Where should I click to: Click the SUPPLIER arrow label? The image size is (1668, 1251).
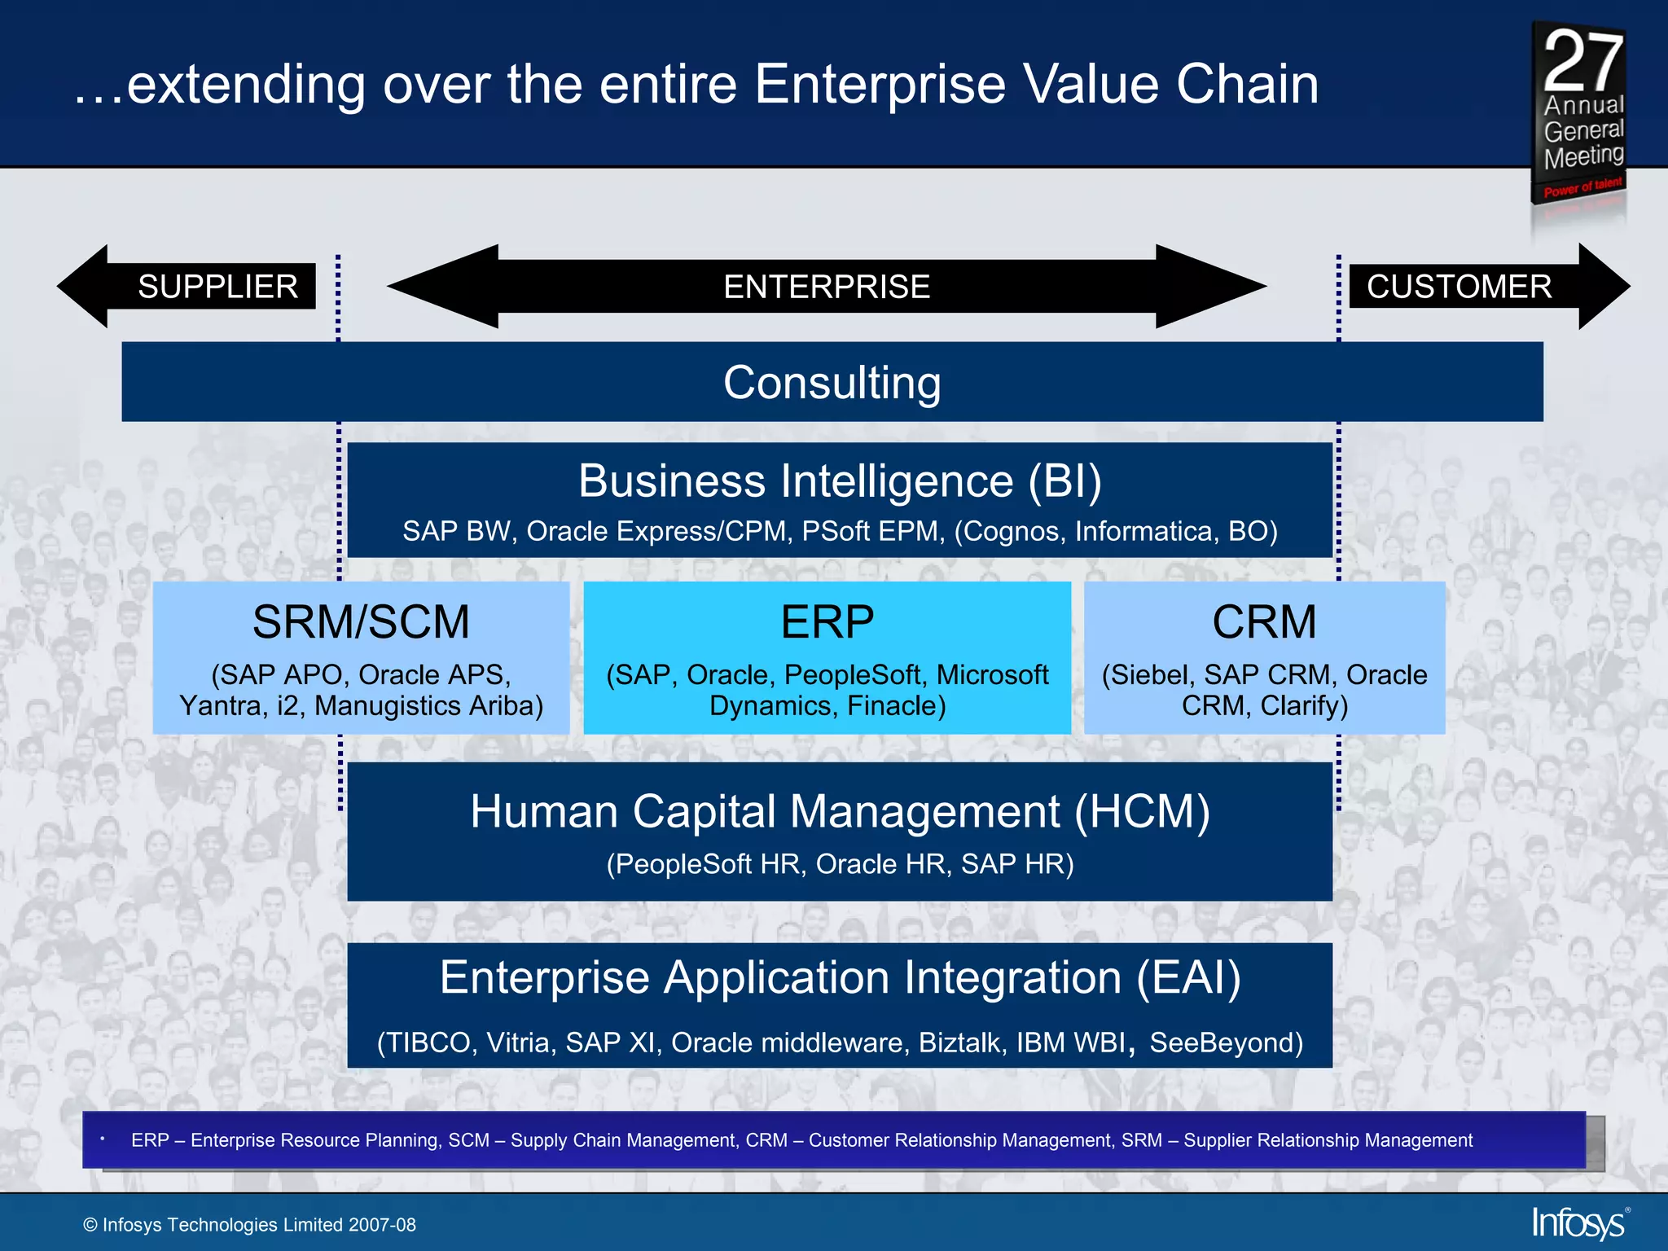[217, 287]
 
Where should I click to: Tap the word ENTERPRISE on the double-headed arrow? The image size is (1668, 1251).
[827, 287]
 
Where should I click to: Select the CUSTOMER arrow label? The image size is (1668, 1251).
[1459, 287]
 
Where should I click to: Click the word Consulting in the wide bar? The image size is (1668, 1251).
[832, 382]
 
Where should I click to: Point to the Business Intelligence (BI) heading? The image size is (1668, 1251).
[840, 481]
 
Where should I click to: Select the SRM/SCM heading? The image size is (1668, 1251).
[361, 622]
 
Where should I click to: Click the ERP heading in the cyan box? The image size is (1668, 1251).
[827, 622]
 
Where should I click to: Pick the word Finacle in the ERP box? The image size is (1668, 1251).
[896, 705]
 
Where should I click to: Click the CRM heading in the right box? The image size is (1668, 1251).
[1264, 622]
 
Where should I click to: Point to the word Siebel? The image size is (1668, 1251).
[1148, 675]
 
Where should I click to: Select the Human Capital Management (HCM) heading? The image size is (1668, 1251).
[840, 811]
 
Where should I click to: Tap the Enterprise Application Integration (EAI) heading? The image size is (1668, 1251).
[840, 977]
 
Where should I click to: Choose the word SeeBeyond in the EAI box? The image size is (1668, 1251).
[1226, 1043]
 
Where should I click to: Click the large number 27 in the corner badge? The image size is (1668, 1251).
[1582, 61]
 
